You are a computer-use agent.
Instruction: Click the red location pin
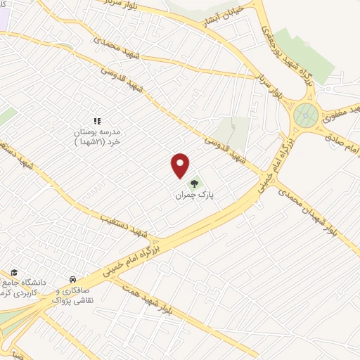(181, 165)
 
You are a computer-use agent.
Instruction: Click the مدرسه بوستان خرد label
(98, 136)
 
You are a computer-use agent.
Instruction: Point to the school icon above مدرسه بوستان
(98, 121)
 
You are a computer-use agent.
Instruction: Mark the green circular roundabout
(306, 113)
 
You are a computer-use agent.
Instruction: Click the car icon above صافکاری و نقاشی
(72, 278)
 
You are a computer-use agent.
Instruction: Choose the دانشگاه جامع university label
(25, 285)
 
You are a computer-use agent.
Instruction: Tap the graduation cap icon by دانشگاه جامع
(15, 272)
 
